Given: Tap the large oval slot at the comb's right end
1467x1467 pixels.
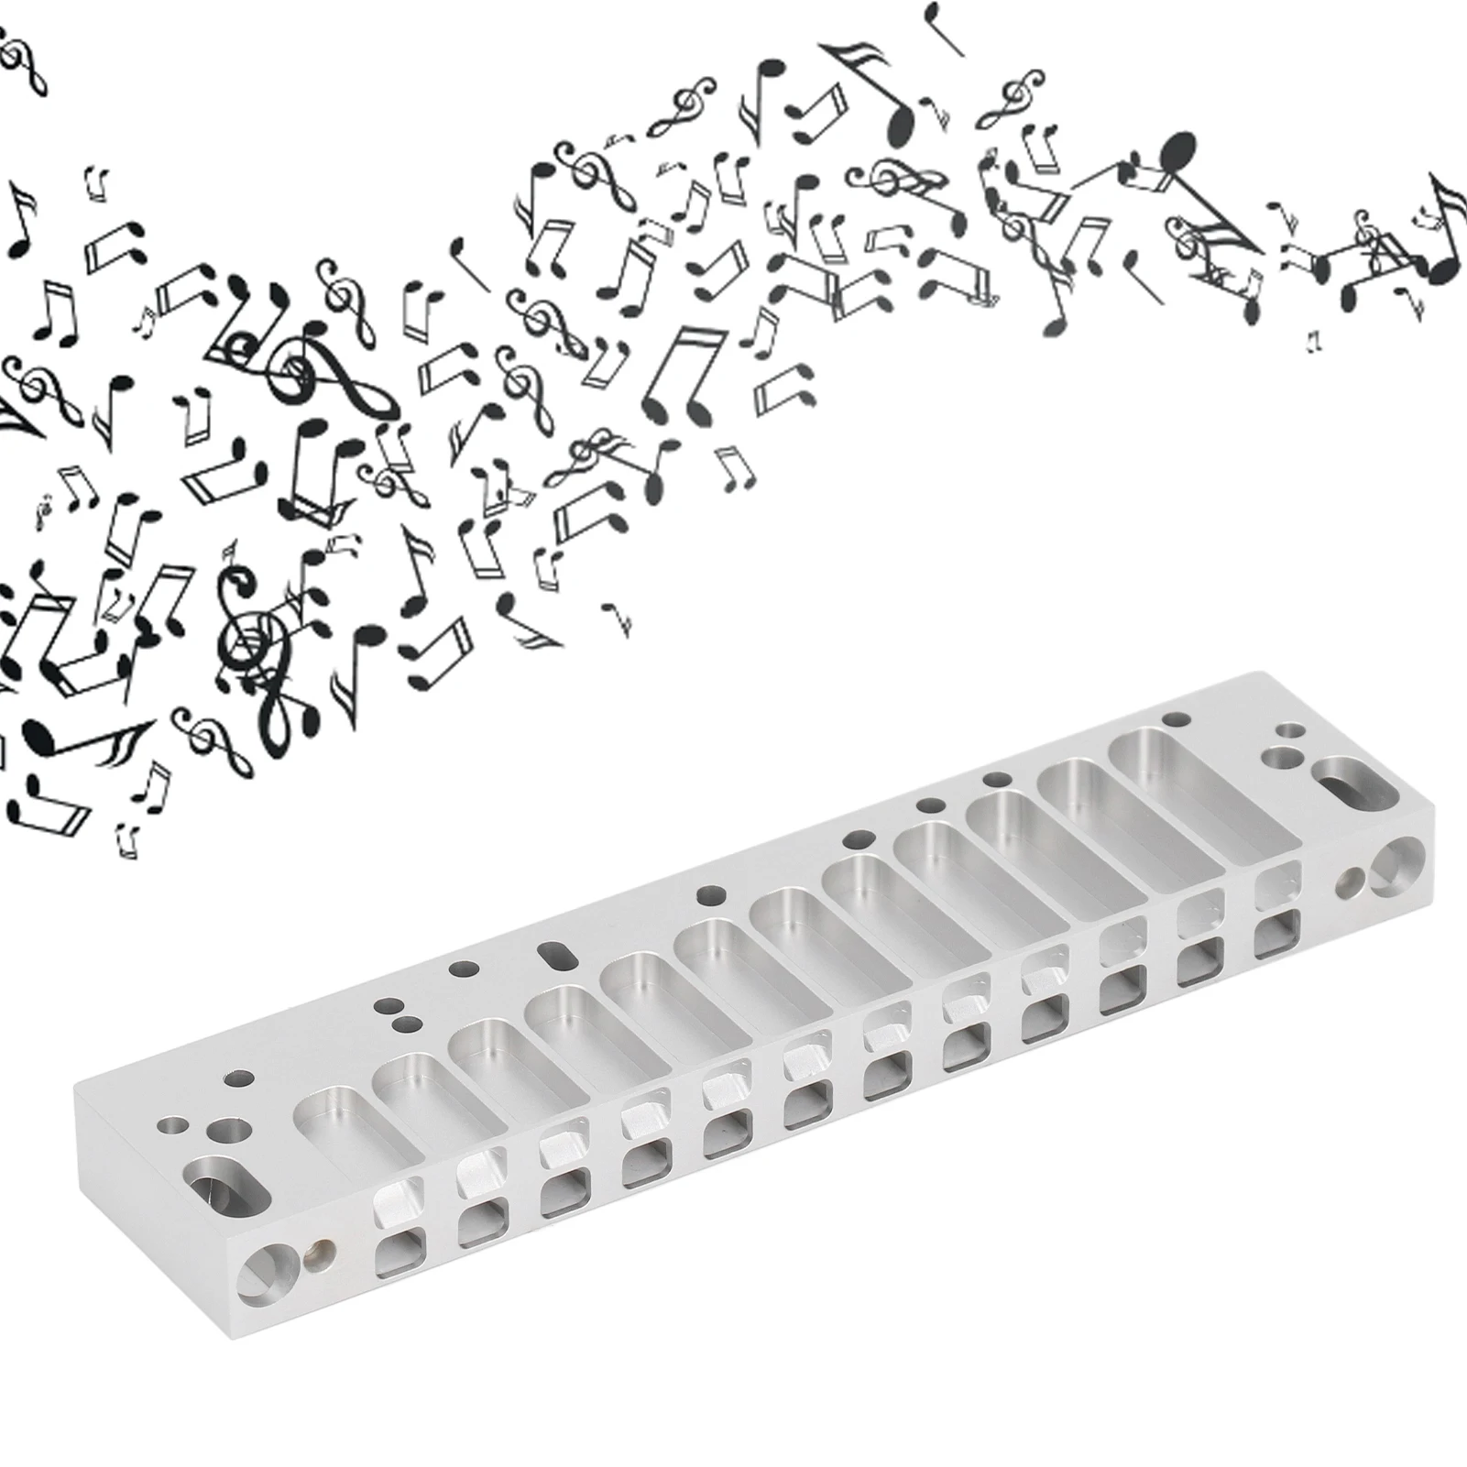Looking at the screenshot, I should (x=1344, y=784).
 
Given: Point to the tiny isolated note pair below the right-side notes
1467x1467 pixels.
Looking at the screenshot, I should (x=1316, y=341).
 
